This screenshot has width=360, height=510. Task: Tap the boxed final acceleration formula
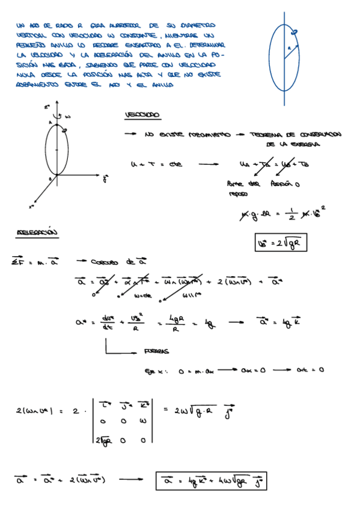point(211,481)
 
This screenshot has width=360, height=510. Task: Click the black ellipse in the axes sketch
point(57,150)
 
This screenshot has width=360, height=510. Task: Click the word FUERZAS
point(157,352)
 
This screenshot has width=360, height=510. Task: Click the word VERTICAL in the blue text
point(31,36)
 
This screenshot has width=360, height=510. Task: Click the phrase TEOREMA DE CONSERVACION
point(296,135)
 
